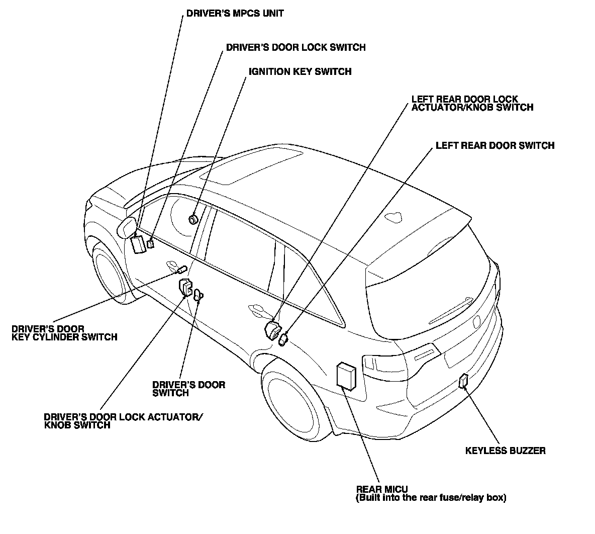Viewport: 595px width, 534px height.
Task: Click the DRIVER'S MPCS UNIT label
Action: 235,14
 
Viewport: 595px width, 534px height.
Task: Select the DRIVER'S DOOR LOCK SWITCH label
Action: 295,48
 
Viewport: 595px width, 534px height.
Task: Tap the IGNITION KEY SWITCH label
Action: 300,72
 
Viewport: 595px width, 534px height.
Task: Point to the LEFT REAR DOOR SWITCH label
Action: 494,146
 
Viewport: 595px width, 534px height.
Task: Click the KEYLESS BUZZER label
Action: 505,451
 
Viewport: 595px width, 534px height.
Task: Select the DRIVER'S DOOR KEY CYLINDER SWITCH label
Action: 64,333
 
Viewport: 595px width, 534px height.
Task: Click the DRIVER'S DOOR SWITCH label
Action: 188,389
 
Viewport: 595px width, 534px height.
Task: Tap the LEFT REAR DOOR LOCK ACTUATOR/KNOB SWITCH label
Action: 472,103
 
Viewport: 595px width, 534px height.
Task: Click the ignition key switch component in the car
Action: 193,219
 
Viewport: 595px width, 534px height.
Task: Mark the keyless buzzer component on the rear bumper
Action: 463,382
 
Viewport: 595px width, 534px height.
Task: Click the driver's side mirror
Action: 127,227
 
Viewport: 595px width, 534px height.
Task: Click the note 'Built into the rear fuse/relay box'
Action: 431,498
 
